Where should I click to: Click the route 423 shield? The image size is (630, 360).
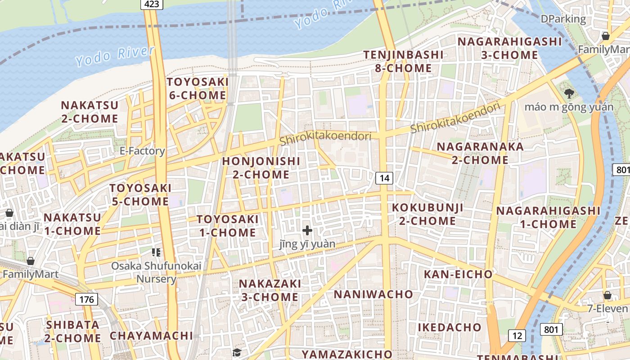151,4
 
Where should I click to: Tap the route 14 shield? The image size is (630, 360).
384,178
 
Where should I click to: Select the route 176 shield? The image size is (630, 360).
86,299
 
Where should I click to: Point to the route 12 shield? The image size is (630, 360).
517,335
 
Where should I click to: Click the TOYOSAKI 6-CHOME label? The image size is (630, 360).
197,89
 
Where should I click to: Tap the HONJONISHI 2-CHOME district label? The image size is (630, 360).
261,167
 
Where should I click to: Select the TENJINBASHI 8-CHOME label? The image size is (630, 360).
404,62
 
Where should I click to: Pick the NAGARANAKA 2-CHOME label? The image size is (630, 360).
480,153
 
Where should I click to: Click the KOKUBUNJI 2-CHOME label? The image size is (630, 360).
427,214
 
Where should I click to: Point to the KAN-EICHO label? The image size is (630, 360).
458,274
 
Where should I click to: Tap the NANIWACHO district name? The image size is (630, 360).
373,294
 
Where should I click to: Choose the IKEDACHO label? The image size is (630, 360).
450,327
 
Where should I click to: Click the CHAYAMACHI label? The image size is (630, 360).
151,336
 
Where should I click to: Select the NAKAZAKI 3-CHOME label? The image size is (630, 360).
270,290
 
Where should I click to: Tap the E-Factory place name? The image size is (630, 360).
142,151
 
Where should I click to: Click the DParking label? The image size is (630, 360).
563,19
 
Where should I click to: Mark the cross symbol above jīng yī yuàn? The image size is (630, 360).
307,230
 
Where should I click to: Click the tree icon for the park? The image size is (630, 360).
569,94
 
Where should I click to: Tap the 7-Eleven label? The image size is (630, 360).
607,308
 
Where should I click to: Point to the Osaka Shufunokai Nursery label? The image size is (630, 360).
156,272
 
